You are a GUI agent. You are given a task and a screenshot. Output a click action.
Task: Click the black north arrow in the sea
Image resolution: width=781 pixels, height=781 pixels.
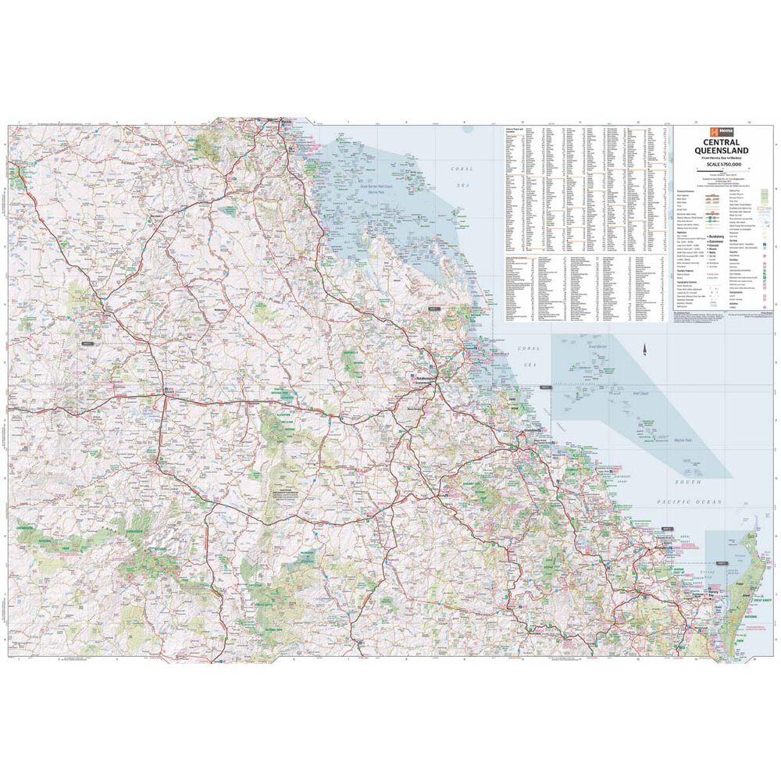[645, 349]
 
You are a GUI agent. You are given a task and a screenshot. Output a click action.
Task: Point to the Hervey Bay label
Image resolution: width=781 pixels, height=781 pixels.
[713, 590]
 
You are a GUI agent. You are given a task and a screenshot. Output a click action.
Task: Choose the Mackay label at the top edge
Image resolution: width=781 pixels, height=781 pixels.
[287, 123]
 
